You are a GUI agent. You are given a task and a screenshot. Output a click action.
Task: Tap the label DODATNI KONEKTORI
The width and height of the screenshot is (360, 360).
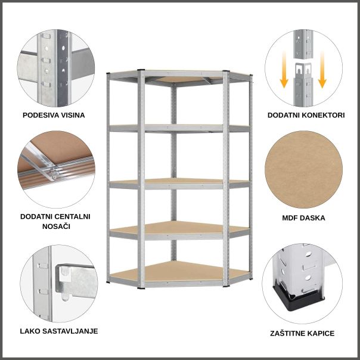click(x=306, y=114)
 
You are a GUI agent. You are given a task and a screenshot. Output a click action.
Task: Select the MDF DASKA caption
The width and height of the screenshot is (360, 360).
click(x=303, y=218)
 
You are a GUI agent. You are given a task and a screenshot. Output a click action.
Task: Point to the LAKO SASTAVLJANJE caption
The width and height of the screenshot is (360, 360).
click(x=58, y=331)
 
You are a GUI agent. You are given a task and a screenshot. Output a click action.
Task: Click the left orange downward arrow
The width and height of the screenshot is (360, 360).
click(x=285, y=75)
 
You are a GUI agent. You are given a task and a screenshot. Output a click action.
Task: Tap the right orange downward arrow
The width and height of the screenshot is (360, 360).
click(x=322, y=75)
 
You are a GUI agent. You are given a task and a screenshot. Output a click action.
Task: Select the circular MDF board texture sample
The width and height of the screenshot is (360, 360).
click(x=303, y=170)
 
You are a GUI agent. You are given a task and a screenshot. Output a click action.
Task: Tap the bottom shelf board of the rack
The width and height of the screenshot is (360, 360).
click(x=179, y=273)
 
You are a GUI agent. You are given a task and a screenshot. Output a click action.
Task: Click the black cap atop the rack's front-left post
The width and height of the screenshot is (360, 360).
click(x=141, y=71)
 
